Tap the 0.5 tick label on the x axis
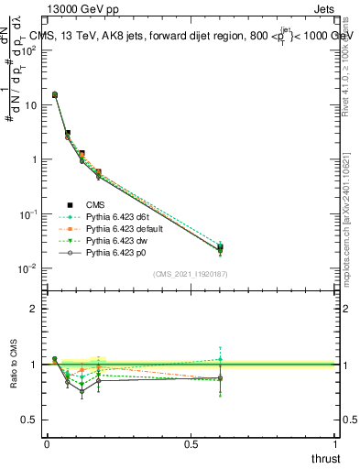click(x=191, y=443)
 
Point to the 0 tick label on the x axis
click(x=47, y=443)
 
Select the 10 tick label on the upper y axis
click(x=29, y=104)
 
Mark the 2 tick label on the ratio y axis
click(x=33, y=309)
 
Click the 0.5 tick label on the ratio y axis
click(x=28, y=420)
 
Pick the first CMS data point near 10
click(x=55, y=94)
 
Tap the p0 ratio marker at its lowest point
click(x=82, y=392)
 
